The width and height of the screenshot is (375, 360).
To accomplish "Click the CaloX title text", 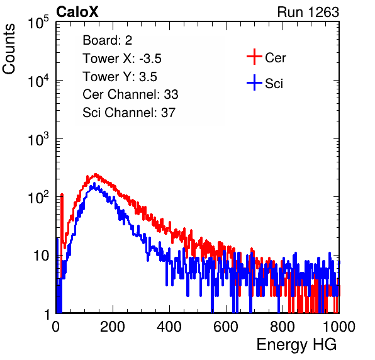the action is click(x=77, y=12).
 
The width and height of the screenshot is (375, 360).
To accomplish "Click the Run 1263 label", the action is click(x=308, y=12).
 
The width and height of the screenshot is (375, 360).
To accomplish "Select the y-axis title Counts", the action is click(x=9, y=49).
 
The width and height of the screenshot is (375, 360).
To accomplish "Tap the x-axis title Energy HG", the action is click(x=296, y=345).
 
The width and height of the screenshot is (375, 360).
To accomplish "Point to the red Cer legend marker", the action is click(x=254, y=57).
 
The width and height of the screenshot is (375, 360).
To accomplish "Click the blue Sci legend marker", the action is click(x=254, y=82).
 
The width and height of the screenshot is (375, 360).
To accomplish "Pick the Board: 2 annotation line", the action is click(x=107, y=40).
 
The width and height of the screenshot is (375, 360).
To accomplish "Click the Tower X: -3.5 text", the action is click(x=122, y=59).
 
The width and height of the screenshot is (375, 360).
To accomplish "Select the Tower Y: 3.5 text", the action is click(x=120, y=77).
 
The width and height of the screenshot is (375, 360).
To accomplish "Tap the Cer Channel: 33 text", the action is click(x=130, y=94).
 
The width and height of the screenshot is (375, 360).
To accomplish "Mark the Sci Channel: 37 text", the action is click(x=129, y=113).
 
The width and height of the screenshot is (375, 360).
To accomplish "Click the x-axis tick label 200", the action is click(x=113, y=327).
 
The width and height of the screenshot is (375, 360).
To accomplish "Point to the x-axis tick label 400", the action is click(x=169, y=327).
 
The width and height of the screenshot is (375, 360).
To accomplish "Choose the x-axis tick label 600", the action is click(x=226, y=327).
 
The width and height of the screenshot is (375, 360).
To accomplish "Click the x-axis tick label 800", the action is click(x=283, y=327).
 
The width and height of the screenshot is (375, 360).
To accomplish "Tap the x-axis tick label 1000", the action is click(x=339, y=327).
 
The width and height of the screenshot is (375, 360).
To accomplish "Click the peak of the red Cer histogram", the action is click(x=96, y=174).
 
